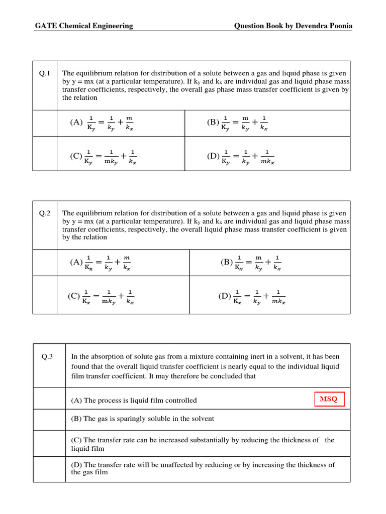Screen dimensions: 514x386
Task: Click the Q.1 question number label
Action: tap(45, 74)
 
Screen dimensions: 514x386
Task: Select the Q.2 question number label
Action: tap(45, 213)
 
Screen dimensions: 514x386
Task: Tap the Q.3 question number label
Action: tap(48, 357)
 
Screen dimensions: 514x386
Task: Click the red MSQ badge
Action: tap(329, 400)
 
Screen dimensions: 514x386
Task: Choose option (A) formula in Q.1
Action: tap(102, 122)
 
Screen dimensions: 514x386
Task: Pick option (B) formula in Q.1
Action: tap(237, 122)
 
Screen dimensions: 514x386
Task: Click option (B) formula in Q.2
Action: tap(251, 263)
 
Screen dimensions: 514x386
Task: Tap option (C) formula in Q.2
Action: tap(101, 297)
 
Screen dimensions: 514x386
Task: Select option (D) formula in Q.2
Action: tap(252, 297)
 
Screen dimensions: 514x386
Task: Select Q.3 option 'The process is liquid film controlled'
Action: tap(134, 400)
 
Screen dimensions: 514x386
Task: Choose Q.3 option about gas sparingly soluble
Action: tap(142, 419)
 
